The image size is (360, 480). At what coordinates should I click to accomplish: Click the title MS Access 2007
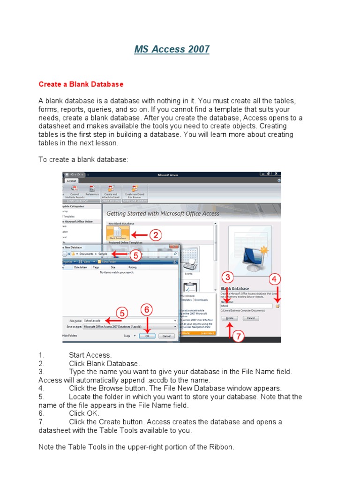172,49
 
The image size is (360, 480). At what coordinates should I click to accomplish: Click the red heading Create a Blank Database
81,84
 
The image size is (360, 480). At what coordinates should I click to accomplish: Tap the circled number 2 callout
155,235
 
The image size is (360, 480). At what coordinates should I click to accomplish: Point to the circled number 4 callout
275,279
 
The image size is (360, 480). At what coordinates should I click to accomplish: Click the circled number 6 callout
146,310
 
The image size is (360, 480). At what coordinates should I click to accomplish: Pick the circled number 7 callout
238,337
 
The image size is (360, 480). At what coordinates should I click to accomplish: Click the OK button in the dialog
147,336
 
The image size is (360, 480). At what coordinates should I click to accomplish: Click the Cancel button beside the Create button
251,318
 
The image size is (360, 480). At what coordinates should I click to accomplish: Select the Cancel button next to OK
166,336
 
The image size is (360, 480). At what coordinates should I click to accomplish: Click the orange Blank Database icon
118,232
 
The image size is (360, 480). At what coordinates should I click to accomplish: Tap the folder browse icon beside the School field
277,306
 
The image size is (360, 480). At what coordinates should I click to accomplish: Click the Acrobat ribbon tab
71,180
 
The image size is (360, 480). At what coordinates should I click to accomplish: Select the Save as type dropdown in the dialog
129,326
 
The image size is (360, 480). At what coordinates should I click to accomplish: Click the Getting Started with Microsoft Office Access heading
163,214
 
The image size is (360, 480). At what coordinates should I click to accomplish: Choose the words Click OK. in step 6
84,413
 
